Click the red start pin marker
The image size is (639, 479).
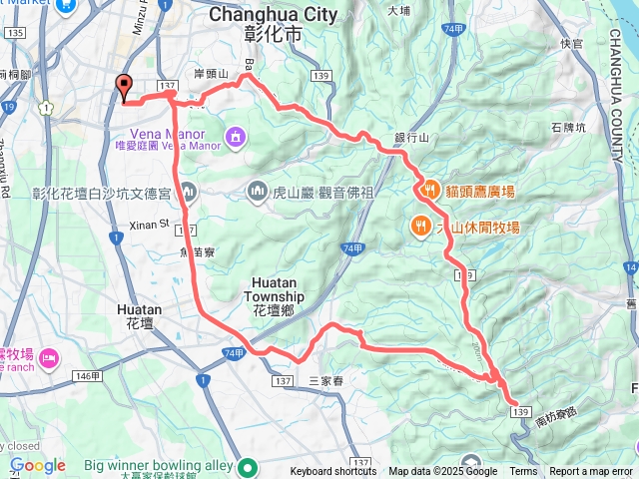[x=124, y=87]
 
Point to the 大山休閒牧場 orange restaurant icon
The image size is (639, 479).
[x=421, y=226]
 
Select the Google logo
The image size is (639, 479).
[x=37, y=465]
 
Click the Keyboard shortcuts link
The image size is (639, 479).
[x=333, y=472]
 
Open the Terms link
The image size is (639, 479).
[x=523, y=472]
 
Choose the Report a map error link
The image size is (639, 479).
[x=592, y=472]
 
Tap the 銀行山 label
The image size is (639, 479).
[x=411, y=139]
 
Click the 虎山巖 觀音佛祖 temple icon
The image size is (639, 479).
[x=257, y=190]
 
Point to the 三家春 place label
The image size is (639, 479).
[x=325, y=381]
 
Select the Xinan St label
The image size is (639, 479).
[x=150, y=226]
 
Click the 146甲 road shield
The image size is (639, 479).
[x=87, y=375]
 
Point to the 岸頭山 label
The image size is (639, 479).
[x=212, y=74]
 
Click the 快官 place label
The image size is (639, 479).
[x=572, y=43]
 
